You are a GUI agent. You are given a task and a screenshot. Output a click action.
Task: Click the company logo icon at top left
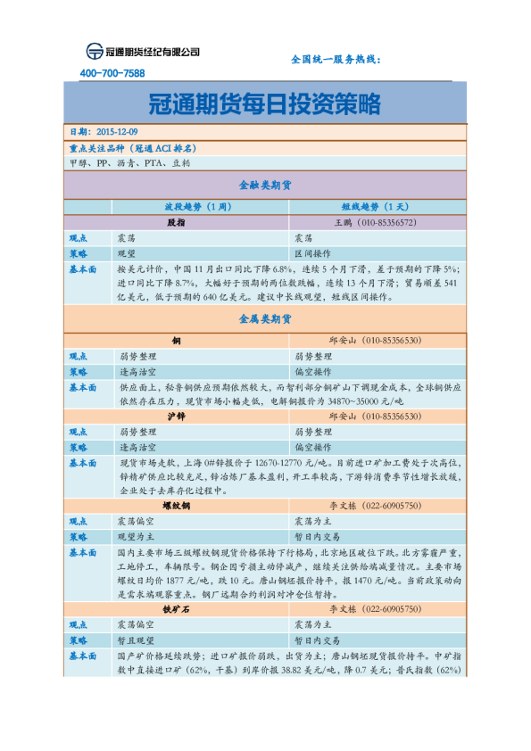point(94,51)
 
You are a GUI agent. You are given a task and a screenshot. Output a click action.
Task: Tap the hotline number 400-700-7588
point(112,73)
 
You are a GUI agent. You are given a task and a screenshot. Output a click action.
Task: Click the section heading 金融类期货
point(265,186)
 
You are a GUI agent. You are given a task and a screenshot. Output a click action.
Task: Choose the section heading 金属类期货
point(265,318)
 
